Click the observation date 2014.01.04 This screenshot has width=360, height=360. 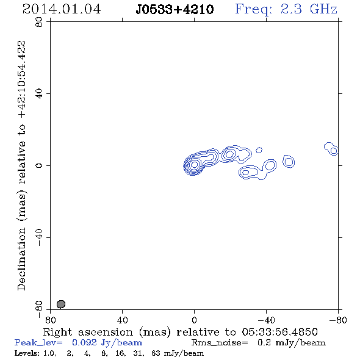coord(62,9)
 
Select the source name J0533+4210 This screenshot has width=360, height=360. coord(175,9)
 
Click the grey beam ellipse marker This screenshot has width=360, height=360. coord(61,304)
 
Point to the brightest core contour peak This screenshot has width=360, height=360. coord(194,164)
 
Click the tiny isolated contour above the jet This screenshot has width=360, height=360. coord(259,150)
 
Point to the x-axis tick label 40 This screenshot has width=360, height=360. coord(122,320)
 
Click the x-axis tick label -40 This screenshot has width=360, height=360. coord(266,320)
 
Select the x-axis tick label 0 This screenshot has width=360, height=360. coord(194,320)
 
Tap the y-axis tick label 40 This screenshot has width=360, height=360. coord(39,94)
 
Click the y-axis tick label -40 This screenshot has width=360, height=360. coord(39,237)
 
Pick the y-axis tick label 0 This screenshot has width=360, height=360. coord(39,165)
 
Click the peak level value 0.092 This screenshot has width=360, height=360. coord(84,342)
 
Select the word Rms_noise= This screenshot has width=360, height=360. coord(220,343)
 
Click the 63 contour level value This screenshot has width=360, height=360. coord(156,353)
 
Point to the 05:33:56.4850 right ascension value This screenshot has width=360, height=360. coord(279,332)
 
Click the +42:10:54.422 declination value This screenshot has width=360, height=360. coord(22,79)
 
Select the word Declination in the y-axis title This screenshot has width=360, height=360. coord(22,259)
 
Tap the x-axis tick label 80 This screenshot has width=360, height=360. coord(51,320)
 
